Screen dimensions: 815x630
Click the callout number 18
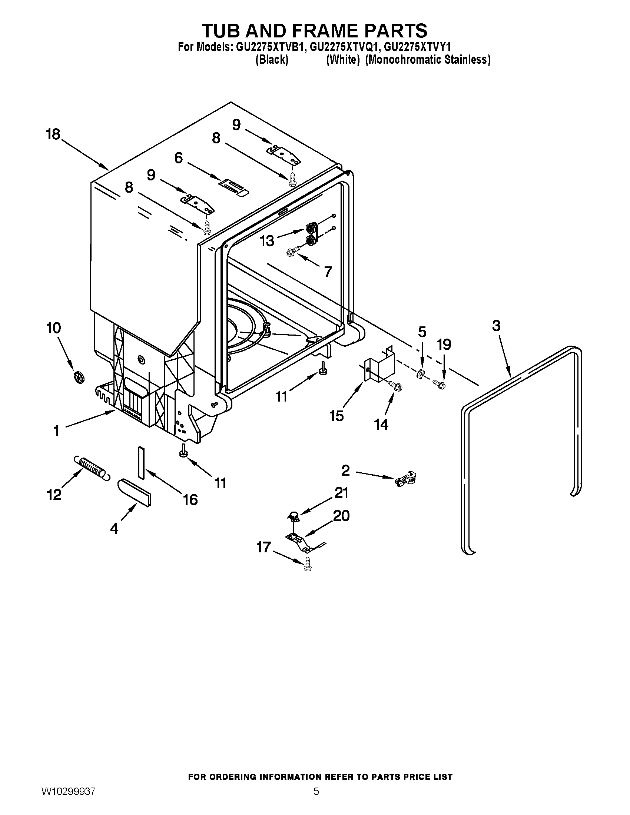(53, 134)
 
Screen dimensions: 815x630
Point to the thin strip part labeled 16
(141, 462)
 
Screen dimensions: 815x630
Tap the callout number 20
(341, 516)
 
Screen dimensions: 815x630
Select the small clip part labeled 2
(405, 479)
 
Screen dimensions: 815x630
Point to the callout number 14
(381, 425)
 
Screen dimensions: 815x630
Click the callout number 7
(328, 272)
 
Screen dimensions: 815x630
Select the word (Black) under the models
(271, 60)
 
